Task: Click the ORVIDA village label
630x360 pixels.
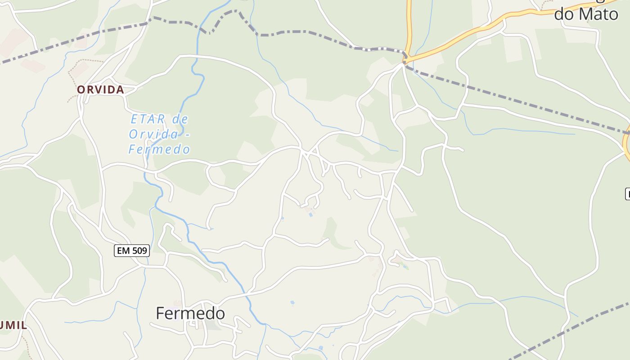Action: tap(100, 90)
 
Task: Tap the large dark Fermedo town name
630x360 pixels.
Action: tap(190, 313)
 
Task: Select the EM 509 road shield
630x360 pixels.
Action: tap(131, 251)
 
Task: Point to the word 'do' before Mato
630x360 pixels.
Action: tap(564, 14)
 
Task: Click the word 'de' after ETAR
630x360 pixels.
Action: tap(180, 119)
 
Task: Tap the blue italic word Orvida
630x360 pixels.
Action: tap(153, 134)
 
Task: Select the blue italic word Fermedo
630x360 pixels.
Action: tap(159, 149)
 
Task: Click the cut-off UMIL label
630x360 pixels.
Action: tap(13, 325)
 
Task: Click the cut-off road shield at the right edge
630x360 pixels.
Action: tap(627, 194)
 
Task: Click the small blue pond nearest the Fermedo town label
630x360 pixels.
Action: tap(292, 302)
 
